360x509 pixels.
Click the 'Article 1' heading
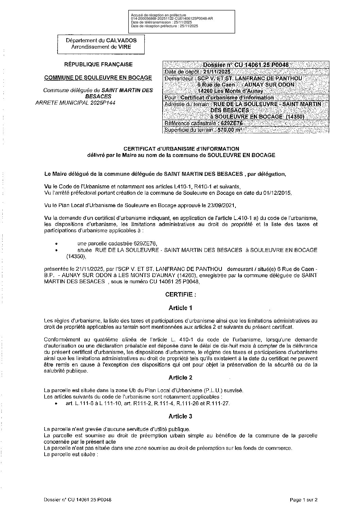(x=180, y=308)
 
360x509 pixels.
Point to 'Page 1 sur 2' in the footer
(x=304, y=500)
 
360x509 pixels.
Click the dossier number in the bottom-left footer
(x=78, y=500)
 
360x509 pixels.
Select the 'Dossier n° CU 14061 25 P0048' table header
(x=246, y=65)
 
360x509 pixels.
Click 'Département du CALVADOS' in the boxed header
(x=101, y=40)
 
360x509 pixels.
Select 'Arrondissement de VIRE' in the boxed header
(x=101, y=47)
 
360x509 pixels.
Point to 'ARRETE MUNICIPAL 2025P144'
(x=75, y=103)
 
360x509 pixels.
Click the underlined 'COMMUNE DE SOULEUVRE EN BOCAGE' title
(x=98, y=78)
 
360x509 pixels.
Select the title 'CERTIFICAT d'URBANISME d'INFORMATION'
(x=181, y=149)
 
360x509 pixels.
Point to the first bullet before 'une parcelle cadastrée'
(x=56, y=244)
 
